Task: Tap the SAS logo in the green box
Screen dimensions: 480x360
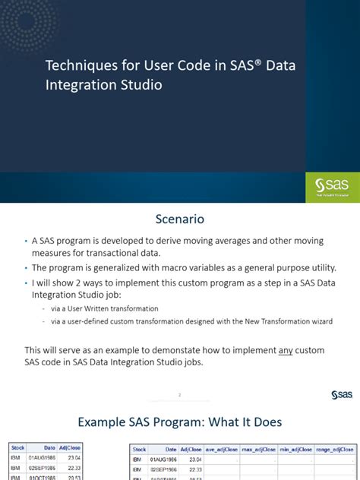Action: pos(332,185)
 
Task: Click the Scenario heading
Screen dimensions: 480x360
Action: pos(180,221)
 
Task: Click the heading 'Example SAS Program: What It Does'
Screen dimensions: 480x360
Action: pos(180,422)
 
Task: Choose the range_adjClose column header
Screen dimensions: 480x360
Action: pos(335,450)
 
